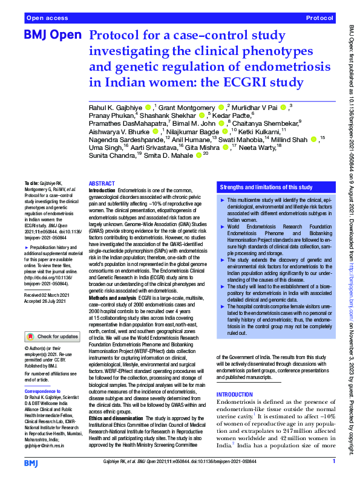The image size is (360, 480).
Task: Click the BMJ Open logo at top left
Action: (x=52, y=36)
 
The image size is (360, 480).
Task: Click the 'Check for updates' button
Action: (x=51, y=336)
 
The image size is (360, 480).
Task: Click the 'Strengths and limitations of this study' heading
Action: (x=266, y=187)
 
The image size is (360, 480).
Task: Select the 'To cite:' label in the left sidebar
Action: (x=31, y=183)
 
